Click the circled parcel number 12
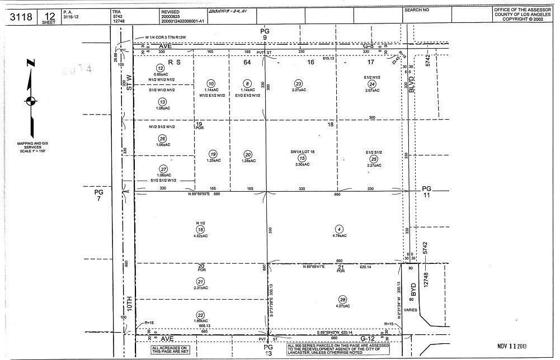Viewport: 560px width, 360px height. pos(160,68)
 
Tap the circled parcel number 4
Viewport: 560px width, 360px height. pos(339,229)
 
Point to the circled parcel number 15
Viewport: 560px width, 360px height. pos(302,158)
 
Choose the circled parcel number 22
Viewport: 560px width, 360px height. pos(200,315)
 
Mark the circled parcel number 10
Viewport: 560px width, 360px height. pos(211,83)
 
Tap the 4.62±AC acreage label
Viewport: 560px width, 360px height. pos(200,236)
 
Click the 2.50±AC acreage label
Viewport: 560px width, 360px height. pos(302,164)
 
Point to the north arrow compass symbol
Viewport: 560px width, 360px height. pos(31,101)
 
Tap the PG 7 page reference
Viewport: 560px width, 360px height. pos(98,195)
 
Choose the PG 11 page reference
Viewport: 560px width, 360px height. pos(427,192)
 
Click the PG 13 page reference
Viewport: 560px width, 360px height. pos(267,350)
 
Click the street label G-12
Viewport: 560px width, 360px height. pos(366,339)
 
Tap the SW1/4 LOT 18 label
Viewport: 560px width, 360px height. pos(302,151)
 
